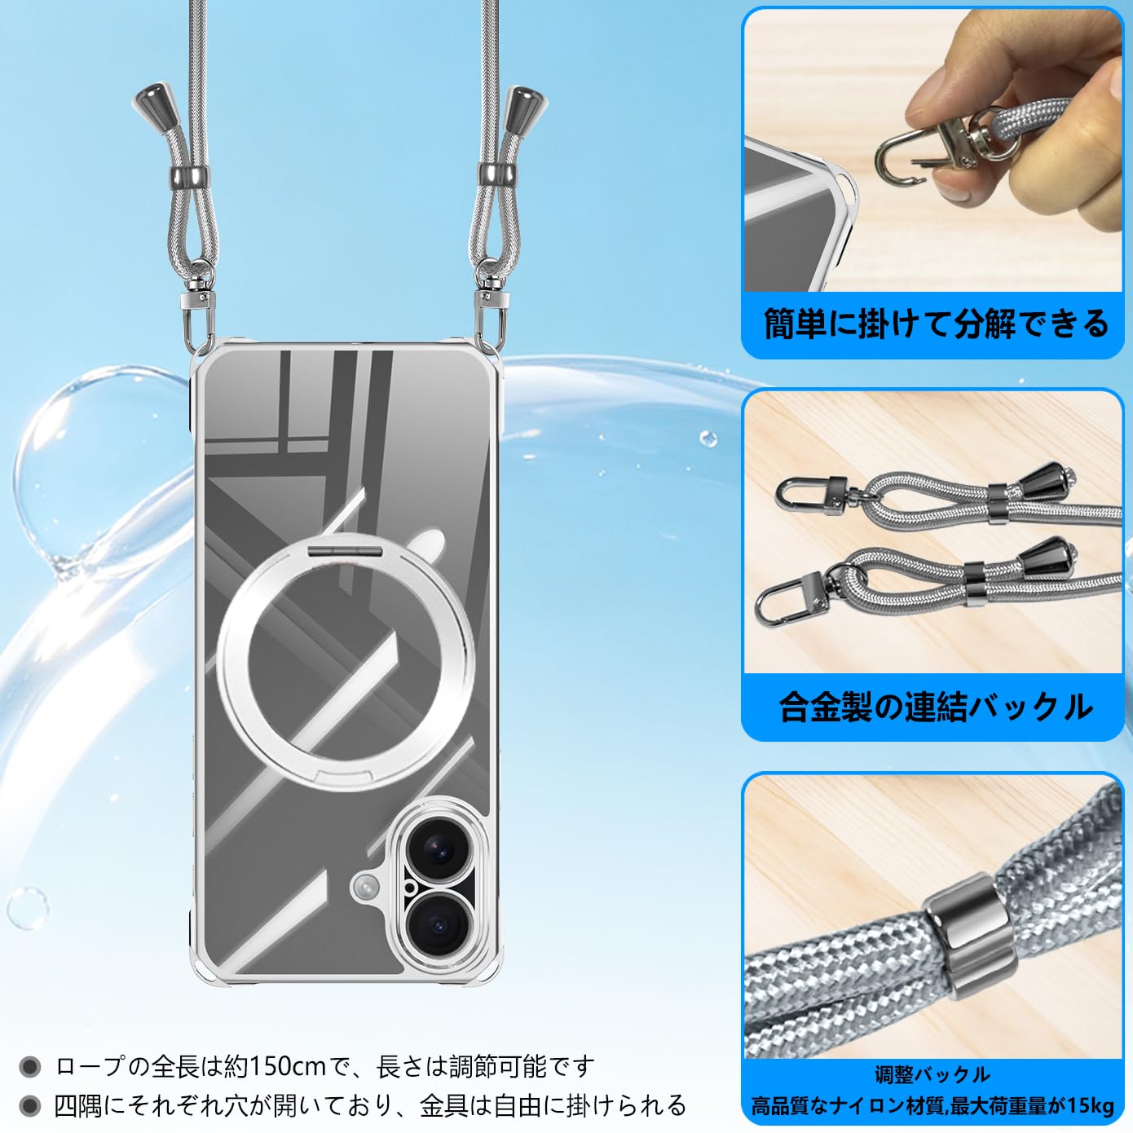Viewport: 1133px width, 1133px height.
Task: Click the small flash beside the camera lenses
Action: point(365,885)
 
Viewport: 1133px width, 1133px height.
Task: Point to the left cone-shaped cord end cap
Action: point(151,100)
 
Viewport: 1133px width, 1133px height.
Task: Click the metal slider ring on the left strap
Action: point(189,174)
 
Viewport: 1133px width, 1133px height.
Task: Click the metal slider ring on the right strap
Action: point(497,174)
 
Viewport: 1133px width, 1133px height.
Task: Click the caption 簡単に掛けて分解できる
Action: point(936,324)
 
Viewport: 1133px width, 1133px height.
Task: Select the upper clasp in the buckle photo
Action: point(813,492)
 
